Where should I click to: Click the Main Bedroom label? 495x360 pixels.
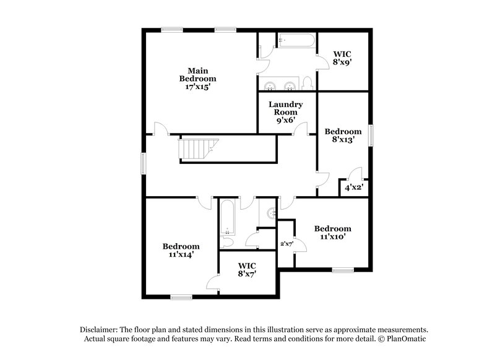(x=197, y=74)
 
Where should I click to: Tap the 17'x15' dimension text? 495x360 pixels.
(x=197, y=87)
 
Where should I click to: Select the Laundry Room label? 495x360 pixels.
(x=285, y=108)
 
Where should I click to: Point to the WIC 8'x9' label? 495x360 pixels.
(x=342, y=58)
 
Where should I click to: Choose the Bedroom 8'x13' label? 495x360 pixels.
(x=343, y=135)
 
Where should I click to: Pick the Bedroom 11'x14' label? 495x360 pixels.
(x=181, y=250)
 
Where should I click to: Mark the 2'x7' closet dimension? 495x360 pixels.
(x=286, y=244)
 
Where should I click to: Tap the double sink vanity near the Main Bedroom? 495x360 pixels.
(x=280, y=85)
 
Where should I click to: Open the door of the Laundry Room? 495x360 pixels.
(x=301, y=129)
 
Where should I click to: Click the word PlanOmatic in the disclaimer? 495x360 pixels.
(x=407, y=339)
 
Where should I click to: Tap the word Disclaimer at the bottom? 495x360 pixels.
(x=100, y=330)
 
